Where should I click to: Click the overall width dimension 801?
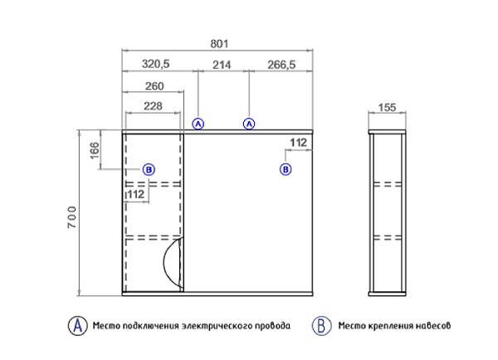coord(219,44)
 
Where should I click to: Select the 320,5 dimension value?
coord(156,64)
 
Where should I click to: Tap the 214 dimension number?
coord(222,65)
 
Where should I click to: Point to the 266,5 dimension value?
coord(281,65)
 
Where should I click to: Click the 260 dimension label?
coord(154,86)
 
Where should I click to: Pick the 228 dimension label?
coord(153,106)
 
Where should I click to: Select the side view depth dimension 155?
coord(387,108)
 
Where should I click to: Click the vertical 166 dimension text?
coord(95,151)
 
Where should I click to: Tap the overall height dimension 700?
coord(72,217)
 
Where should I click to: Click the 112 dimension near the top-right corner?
coord(299,143)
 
